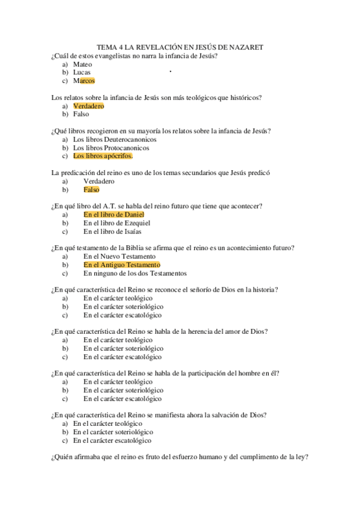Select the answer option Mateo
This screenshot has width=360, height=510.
(82, 64)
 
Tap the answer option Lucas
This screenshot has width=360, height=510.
(82, 72)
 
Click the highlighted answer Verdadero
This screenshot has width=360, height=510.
(88, 106)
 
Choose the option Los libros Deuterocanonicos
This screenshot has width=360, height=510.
(111, 140)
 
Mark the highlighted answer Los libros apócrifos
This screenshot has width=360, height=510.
(103, 156)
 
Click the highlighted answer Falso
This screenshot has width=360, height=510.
(91, 190)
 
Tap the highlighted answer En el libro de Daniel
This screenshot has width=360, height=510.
(114, 215)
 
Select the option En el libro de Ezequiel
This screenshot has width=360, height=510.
(117, 223)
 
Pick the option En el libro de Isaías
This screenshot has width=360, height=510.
(112, 232)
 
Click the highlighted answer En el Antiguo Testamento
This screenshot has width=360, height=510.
(122, 265)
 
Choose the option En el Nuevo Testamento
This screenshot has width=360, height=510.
(120, 256)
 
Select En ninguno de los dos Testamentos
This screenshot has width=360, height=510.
(135, 273)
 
